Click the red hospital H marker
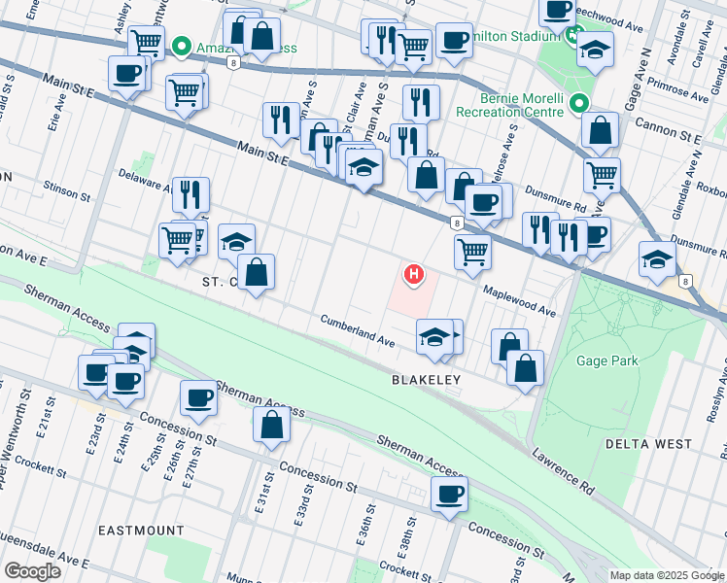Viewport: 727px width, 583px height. click(415, 275)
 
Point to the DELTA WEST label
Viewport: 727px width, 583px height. click(649, 444)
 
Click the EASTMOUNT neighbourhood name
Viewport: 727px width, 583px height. click(141, 531)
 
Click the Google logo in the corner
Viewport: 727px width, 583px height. click(32, 571)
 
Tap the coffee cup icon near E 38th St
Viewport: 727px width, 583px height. click(449, 494)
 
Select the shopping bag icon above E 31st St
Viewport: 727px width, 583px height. click(271, 425)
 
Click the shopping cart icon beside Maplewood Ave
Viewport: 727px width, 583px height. click(472, 250)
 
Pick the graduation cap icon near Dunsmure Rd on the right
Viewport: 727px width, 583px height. click(658, 259)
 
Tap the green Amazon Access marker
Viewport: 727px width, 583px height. click(181, 46)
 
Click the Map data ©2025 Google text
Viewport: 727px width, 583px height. click(667, 575)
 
